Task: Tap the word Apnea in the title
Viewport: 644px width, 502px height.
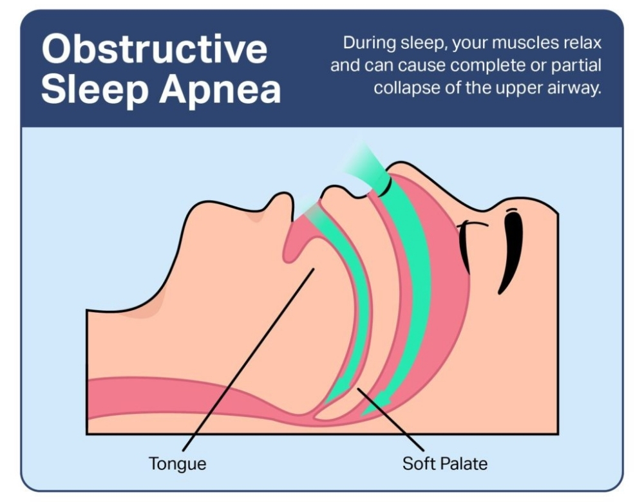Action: [220, 90]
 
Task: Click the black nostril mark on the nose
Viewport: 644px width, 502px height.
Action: [384, 187]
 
